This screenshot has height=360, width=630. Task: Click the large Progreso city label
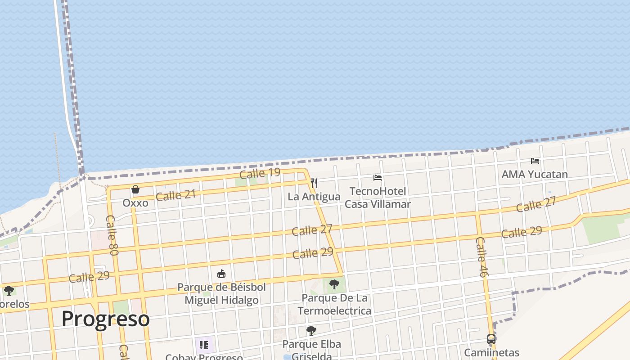pos(105,319)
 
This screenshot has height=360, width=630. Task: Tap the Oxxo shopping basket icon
pos(135,189)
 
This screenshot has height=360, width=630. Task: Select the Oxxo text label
pos(135,203)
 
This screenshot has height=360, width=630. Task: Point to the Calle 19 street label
pos(260,173)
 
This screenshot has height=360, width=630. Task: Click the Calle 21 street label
pos(175,195)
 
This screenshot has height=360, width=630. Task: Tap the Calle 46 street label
pos(481,257)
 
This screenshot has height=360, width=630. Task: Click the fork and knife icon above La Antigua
pos(314,183)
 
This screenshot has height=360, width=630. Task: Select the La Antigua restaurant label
pos(314,197)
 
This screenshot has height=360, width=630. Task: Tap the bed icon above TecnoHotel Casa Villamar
pos(378,178)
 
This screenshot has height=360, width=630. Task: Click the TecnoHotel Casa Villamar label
pos(378,198)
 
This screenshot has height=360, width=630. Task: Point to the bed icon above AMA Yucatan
pos(535,161)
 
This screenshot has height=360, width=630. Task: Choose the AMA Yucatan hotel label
pos(535,174)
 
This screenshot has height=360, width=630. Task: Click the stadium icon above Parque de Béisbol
pos(221,274)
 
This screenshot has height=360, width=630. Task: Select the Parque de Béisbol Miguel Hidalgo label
pos(221,293)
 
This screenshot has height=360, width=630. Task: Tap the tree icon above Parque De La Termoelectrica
pos(334,284)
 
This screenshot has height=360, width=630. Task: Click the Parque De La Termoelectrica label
pos(334,304)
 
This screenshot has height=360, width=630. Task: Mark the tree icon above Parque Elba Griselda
pos(311,331)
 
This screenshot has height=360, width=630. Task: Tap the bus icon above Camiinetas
pos(491,339)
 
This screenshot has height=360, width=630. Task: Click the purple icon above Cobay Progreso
pos(204,345)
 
